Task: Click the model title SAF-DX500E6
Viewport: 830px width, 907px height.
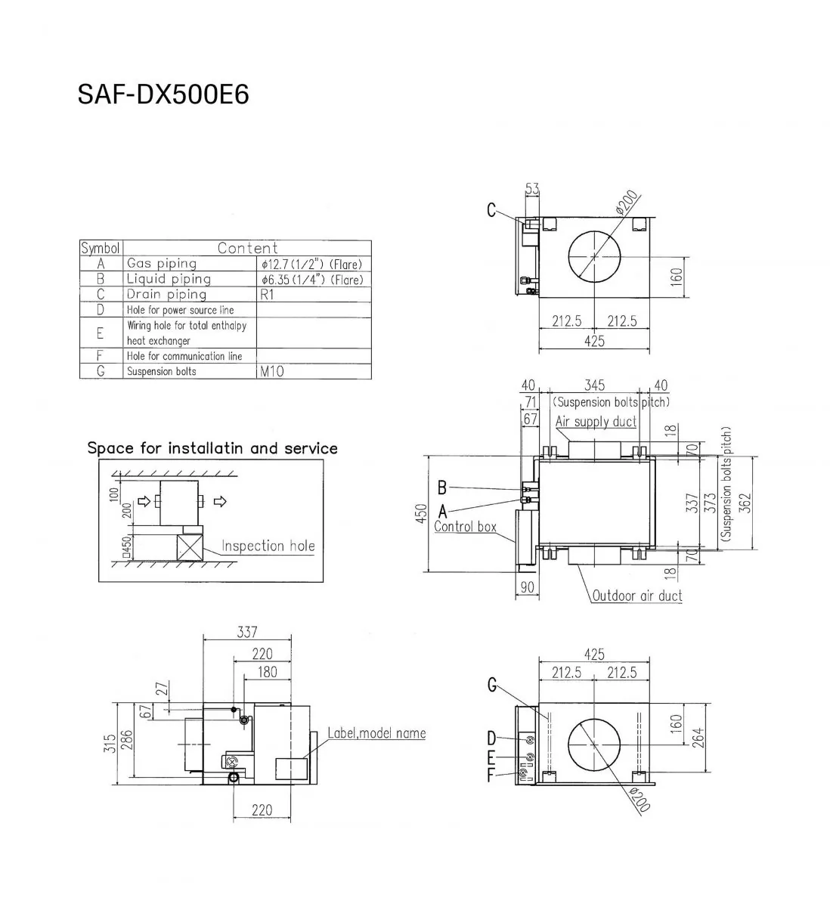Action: point(163,95)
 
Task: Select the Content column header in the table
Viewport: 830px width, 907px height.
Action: point(247,248)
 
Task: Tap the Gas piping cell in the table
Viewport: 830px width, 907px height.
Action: point(162,264)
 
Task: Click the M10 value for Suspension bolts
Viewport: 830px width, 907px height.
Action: point(271,372)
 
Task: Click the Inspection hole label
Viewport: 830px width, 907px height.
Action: point(268,546)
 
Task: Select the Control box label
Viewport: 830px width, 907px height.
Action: point(465,526)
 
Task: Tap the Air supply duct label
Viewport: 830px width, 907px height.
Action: point(596,421)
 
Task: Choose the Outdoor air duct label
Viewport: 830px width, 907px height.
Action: point(636,596)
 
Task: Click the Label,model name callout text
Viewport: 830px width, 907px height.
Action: point(376,733)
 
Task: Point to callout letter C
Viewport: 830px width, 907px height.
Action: point(491,210)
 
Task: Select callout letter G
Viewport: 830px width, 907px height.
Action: point(492,686)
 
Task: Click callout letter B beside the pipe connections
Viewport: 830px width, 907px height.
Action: point(443,488)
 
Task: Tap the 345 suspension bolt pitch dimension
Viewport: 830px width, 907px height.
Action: point(594,386)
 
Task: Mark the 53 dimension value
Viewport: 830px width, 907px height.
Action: point(532,189)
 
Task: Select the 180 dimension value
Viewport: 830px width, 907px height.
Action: point(268,672)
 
